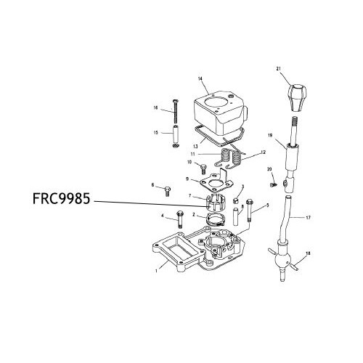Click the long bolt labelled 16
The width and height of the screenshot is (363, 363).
point(174,111)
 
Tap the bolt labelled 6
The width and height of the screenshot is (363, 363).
point(166,191)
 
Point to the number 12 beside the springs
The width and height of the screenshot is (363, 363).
point(264,152)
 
